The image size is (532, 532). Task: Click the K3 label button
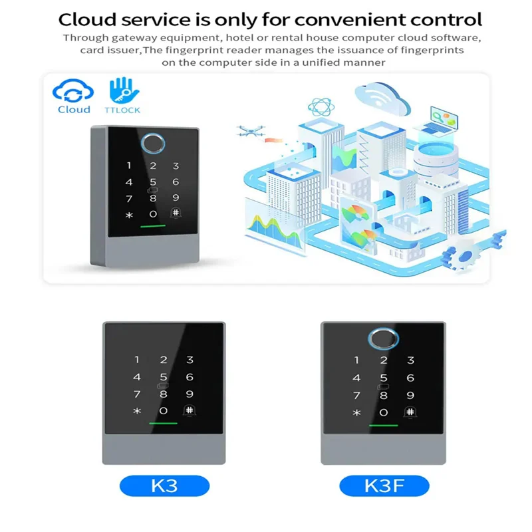pos(164,486)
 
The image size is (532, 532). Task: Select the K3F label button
pos(383,486)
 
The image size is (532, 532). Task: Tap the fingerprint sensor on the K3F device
pos(384,337)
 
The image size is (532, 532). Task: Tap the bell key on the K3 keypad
pos(190,410)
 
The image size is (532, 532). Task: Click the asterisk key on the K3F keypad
pos(356,412)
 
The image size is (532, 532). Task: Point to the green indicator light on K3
pos(164,424)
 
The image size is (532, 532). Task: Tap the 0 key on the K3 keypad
pos(164,411)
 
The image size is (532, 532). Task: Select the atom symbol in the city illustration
pos(320,106)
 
